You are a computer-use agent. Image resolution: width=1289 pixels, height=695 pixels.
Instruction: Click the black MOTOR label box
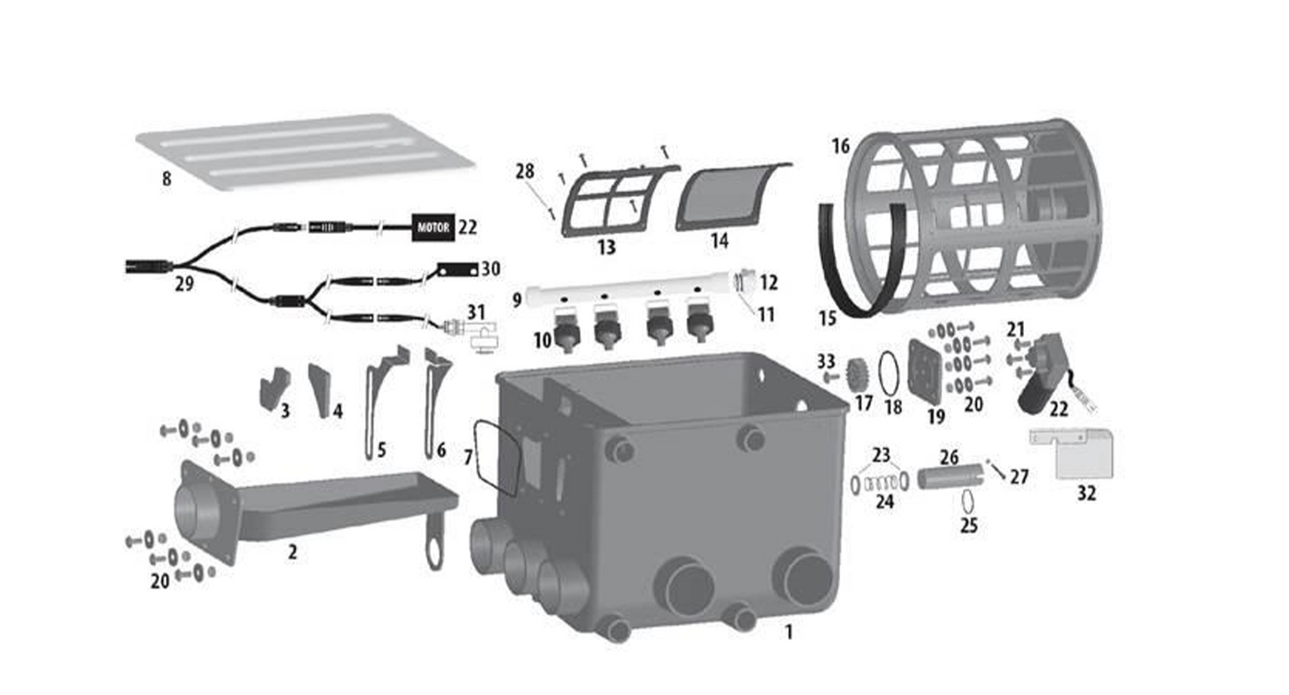pos(434,228)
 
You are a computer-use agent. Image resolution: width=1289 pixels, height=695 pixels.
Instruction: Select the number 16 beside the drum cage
pos(840,146)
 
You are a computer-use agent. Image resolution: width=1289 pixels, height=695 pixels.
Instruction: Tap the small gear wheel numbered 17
pos(856,375)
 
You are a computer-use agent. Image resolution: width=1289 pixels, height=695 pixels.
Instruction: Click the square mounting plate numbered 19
pos(924,370)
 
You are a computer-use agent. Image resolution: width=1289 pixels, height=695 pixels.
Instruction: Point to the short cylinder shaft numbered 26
pos(950,477)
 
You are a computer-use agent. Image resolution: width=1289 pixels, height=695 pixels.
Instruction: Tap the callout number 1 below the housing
pos(788,632)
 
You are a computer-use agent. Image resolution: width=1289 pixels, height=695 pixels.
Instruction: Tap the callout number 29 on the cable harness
pos(184,284)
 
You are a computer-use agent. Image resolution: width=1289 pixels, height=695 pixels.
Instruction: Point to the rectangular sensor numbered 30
pos(459,269)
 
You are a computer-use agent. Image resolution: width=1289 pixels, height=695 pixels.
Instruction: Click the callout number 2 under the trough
pos(293,551)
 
